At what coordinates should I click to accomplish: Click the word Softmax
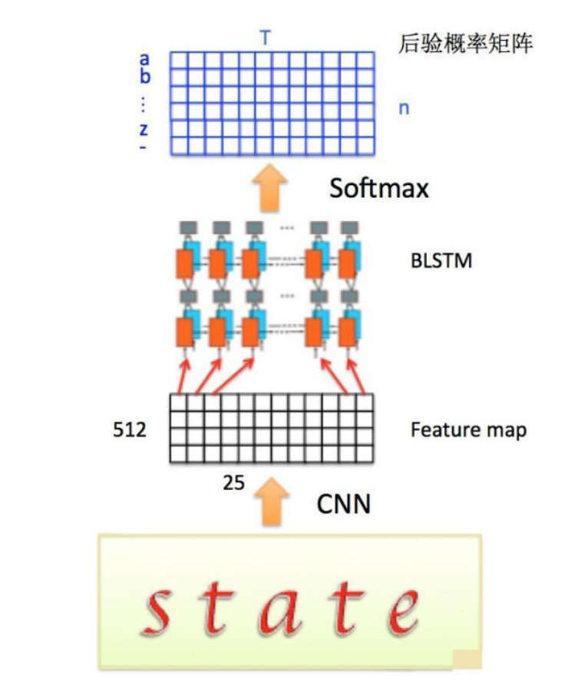379,187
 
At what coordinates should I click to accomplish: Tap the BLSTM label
441,261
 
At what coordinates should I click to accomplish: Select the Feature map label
468,429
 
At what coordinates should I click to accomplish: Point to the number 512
130,430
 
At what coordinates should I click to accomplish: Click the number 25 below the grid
233,485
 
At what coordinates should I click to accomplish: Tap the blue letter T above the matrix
265,38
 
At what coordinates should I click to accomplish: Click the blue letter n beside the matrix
403,108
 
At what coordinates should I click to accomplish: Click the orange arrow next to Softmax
270,187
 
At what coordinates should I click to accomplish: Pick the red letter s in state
160,607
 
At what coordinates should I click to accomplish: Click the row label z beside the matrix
144,130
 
